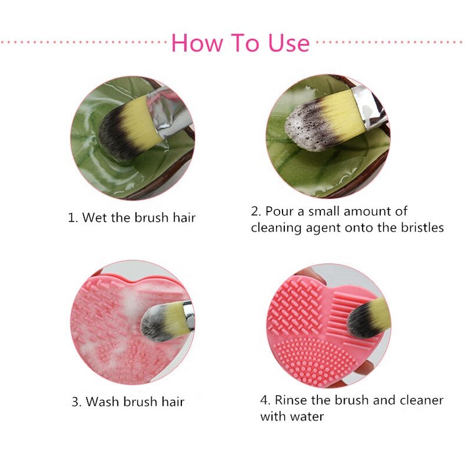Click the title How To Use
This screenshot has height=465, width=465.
coord(240,43)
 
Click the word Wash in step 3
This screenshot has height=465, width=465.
coord(103,402)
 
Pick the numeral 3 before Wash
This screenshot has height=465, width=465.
coord(75,402)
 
